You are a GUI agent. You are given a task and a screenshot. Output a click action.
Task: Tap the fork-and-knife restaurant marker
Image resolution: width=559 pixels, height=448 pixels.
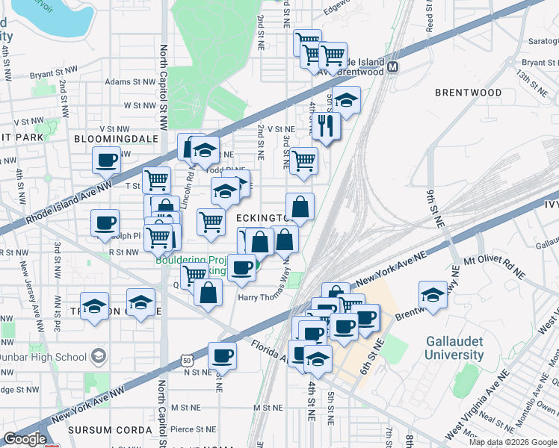(x=326, y=125)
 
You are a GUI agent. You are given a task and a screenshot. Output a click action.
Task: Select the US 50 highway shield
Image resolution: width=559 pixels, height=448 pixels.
(x=185, y=361)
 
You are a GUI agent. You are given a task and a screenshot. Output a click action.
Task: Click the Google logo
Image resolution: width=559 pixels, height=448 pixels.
(x=25, y=439)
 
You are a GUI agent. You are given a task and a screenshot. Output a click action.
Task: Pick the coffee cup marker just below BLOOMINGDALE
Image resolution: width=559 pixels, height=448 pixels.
(x=106, y=158)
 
